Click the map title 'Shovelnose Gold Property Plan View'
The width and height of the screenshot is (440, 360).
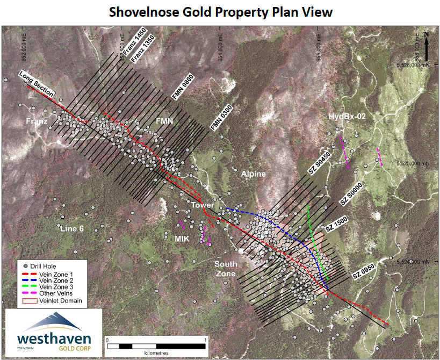click(221, 12)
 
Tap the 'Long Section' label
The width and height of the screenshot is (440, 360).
click(37, 83)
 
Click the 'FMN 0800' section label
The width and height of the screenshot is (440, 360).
click(182, 87)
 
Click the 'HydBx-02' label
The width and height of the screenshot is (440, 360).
click(347, 117)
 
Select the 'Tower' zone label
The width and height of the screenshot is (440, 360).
click(203, 205)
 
